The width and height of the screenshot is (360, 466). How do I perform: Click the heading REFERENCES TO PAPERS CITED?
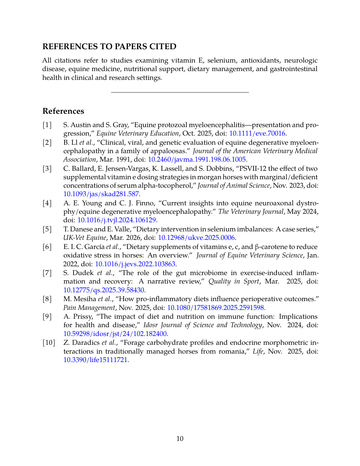[109, 47]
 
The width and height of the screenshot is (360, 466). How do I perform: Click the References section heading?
[63, 111]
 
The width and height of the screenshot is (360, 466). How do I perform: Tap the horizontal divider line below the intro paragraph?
[180, 93]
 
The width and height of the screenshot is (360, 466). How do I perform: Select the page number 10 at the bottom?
[180, 439]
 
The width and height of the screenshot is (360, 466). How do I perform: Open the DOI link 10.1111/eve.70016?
[257, 133]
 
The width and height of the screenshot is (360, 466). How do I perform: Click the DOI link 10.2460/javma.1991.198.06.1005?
[197, 159]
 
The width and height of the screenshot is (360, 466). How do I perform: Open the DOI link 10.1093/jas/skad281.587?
[101, 194]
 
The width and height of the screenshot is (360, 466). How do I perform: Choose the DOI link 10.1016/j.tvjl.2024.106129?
[117, 220]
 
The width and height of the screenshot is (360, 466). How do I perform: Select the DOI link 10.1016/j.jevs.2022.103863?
[135, 264]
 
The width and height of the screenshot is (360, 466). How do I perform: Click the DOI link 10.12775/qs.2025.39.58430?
[104, 290]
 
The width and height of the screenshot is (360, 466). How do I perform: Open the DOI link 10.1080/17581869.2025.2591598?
[215, 307]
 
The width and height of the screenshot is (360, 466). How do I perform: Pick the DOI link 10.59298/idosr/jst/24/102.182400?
[115, 333]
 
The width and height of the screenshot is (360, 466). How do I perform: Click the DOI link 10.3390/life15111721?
[95, 360]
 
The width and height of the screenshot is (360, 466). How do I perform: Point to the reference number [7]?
[47, 273]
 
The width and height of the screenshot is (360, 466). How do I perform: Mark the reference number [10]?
[49, 342]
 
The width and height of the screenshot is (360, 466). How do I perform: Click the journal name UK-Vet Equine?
[85, 238]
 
